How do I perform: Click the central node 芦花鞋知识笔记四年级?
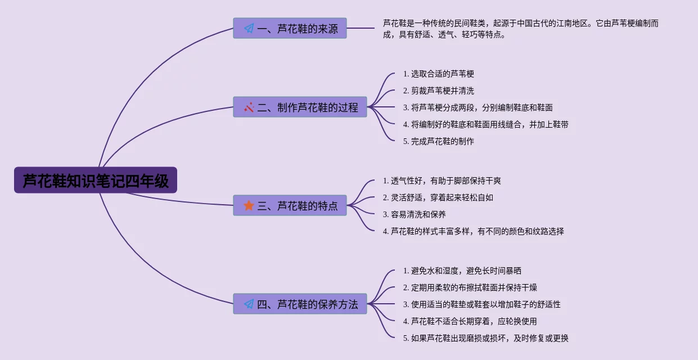pos(96,181)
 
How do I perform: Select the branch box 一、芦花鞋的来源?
pos(290,28)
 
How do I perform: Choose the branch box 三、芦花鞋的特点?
pos(290,205)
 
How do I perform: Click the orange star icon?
pos(249,205)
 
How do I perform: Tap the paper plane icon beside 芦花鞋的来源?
pos(249,28)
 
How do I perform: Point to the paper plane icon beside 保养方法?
pos(249,304)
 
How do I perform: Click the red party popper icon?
pos(249,107)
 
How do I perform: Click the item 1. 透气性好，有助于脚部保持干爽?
pos(442,181)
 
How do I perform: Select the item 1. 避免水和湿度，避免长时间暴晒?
pos(462,271)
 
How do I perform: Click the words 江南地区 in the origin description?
pos(570,23)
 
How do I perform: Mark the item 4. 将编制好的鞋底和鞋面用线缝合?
pos(486,124)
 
